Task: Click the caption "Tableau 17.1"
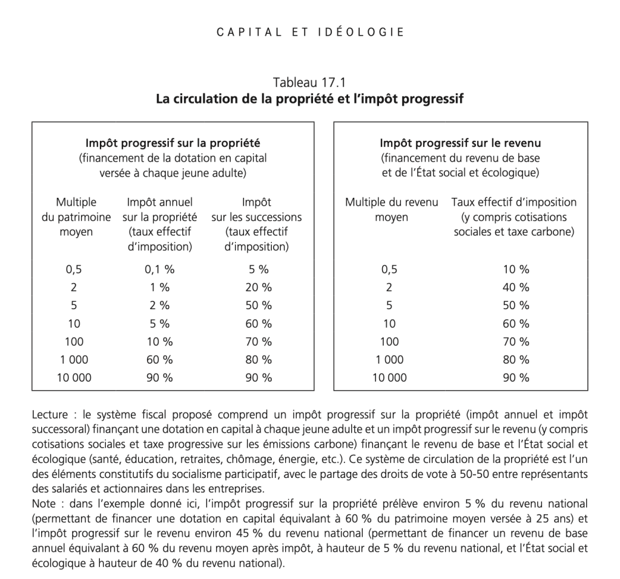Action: point(309,82)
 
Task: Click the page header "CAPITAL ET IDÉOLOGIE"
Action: point(310,32)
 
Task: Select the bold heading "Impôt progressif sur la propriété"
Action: point(173,143)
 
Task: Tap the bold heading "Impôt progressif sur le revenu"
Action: point(460,143)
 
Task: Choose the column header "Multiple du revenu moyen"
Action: point(391,209)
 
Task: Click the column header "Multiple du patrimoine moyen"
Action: point(76,217)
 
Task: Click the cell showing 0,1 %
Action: point(160,269)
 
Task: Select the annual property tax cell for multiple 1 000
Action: point(160,359)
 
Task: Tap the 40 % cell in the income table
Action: point(516,287)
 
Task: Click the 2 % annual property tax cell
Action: point(160,306)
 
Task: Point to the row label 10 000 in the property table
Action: point(75,378)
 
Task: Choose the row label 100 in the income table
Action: point(389,341)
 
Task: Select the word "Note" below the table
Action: point(44,503)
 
